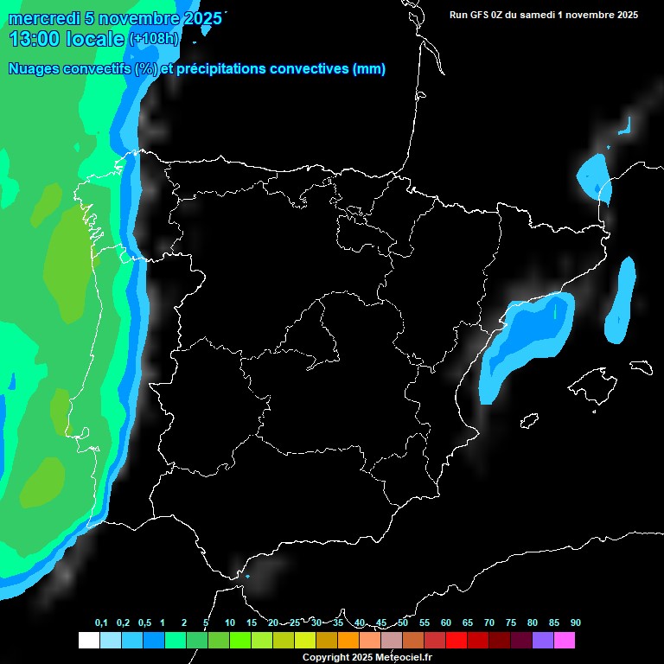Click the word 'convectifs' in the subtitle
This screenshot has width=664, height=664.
(x=96, y=69)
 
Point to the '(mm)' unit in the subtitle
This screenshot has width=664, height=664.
(x=370, y=69)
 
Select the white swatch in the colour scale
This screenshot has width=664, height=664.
(x=88, y=641)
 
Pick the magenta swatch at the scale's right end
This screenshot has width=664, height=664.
(x=565, y=641)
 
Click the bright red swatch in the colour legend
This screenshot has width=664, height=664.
(x=456, y=641)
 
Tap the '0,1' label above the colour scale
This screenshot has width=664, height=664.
(x=101, y=623)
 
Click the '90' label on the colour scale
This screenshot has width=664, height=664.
(x=576, y=623)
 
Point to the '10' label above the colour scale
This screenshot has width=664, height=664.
(x=229, y=623)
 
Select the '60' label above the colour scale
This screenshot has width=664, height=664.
(x=446, y=623)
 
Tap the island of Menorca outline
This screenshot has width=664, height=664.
(x=642, y=367)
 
